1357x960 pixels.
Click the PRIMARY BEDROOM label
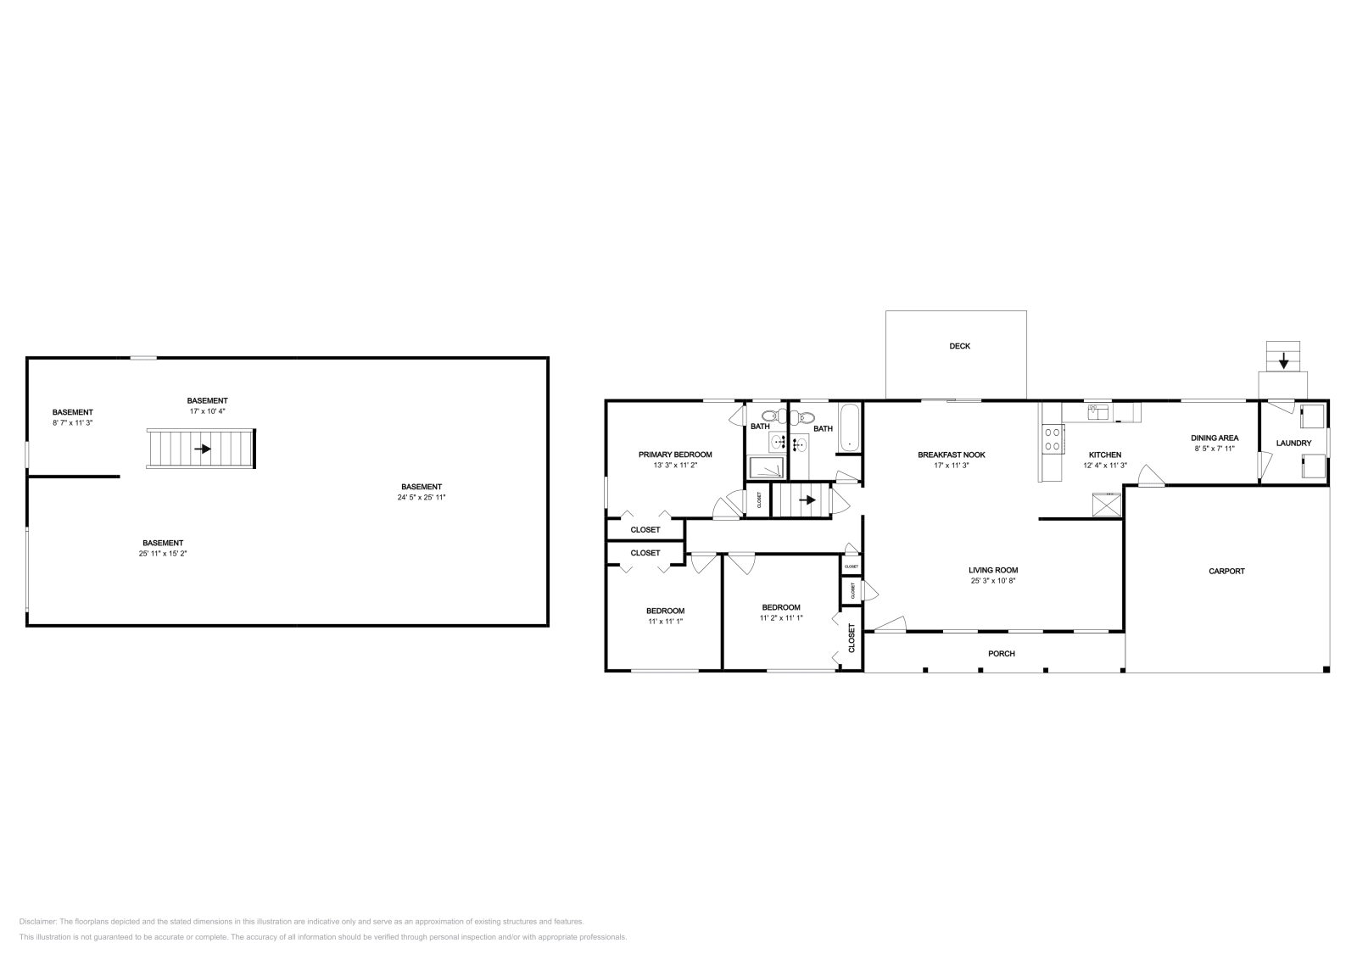point(675,455)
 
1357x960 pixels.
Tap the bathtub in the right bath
point(850,428)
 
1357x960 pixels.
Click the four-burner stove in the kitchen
point(1053,438)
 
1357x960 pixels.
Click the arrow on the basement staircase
point(203,449)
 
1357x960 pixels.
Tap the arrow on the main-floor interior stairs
point(807,500)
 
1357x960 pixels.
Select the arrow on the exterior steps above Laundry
point(1283,362)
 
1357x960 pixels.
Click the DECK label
point(959,346)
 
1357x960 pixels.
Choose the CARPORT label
point(1226,572)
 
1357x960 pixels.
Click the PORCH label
point(1002,654)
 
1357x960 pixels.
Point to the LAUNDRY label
point(1293,444)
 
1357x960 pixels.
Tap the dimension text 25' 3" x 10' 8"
point(993,581)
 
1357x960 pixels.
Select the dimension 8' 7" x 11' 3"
point(72,422)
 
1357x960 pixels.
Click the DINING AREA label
point(1215,438)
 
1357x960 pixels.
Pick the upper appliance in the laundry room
point(1312,416)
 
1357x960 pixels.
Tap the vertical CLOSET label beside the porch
point(852,638)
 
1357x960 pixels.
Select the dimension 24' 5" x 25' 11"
point(422,498)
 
